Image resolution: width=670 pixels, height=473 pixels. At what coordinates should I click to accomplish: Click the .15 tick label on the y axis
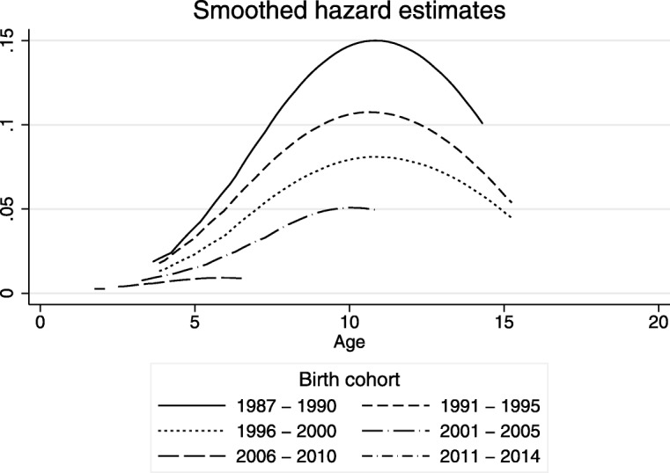[x=11, y=40]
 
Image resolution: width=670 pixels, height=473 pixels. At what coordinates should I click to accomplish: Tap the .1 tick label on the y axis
[x=11, y=125]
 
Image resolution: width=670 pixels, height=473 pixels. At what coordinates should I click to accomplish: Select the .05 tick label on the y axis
[x=11, y=209]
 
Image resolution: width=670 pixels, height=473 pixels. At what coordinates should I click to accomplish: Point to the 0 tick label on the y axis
[x=11, y=293]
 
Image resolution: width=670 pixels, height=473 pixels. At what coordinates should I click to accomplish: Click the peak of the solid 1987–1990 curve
[x=377, y=40]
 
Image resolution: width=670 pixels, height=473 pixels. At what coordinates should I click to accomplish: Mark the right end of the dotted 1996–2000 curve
[x=512, y=217]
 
